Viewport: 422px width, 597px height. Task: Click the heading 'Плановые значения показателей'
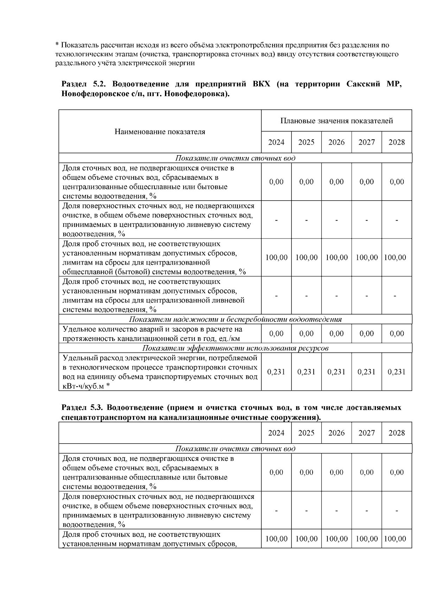tap(336, 121)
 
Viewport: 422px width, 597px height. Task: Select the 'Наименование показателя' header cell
tap(160, 132)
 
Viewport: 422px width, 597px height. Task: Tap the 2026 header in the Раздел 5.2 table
tap(336, 142)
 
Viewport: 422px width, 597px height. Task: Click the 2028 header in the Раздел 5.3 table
tap(396, 433)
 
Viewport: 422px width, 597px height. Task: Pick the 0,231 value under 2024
tap(276, 372)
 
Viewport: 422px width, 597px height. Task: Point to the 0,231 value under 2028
tap(396, 372)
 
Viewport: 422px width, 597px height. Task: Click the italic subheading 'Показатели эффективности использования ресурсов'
tap(235, 348)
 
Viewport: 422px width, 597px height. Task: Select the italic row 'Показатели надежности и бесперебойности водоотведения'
tap(235, 319)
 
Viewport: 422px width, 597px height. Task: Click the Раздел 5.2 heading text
tap(231, 89)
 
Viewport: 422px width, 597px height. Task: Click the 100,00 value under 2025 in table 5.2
tap(306, 258)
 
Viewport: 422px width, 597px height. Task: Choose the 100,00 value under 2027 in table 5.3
tap(366, 539)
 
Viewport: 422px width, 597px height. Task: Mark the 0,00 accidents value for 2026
tap(336, 334)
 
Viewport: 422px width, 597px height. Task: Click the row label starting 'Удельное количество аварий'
tap(152, 334)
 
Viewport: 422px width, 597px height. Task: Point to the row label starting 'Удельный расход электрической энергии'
tap(160, 372)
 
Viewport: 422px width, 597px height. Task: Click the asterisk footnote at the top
tap(226, 54)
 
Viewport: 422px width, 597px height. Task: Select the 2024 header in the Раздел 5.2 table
tap(276, 142)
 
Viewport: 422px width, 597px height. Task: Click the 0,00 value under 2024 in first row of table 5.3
tap(276, 472)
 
